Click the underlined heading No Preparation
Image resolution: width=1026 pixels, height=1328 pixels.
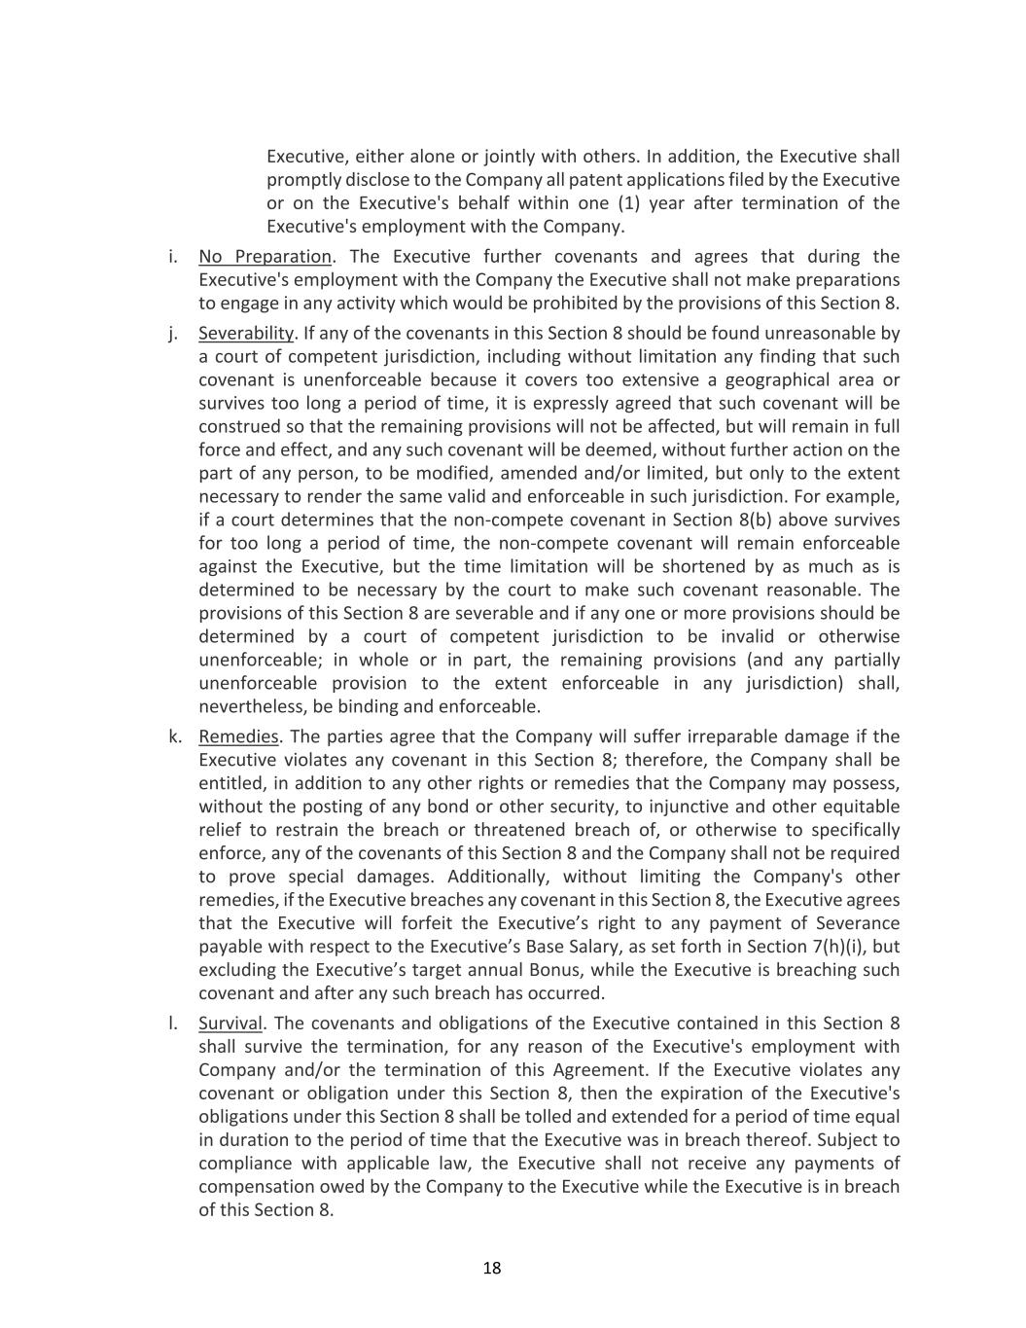[x=265, y=257]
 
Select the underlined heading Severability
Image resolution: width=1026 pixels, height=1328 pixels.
[x=245, y=334]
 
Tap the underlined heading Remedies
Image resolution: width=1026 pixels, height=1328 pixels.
[x=238, y=736]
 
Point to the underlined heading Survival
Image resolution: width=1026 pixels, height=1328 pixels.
[x=230, y=1023]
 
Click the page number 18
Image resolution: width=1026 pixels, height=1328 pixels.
[x=492, y=1268]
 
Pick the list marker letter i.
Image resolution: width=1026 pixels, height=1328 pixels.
[x=173, y=257]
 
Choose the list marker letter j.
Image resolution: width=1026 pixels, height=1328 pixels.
[x=173, y=334]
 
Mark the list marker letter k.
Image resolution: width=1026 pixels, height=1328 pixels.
[x=175, y=736]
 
